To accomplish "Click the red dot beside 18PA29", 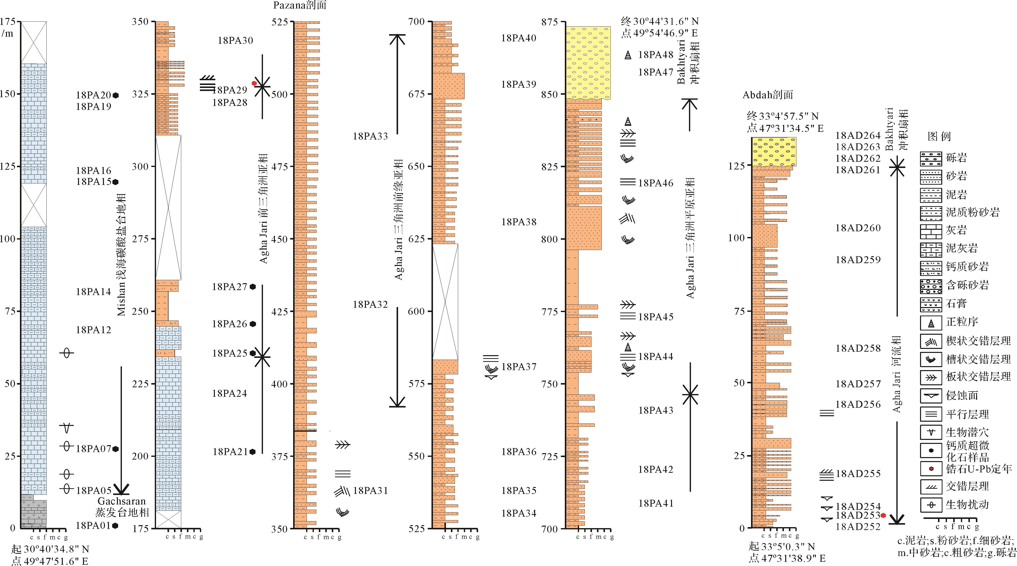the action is coord(254,83).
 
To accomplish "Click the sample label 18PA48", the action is coord(656,55).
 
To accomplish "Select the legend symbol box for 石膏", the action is coord(931,304).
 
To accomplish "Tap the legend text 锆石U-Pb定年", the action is coord(979,469).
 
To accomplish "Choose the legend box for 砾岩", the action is coord(931,158).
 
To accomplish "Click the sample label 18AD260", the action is coord(858,228).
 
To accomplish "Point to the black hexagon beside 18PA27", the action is coord(253,287).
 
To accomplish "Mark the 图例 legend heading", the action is coord(939,137).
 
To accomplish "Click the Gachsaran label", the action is coord(122,501).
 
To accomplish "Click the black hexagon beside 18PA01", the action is coord(115,525).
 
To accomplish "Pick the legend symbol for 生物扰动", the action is coord(931,505).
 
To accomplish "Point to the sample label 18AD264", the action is coord(858,135).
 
